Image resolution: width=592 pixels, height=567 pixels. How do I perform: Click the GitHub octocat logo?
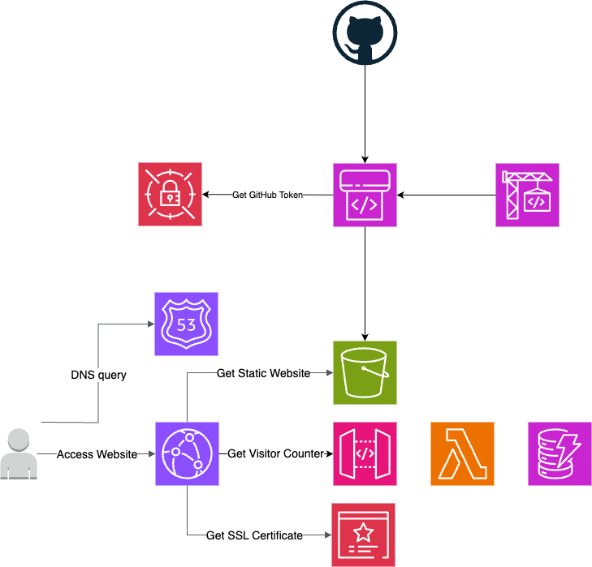click(x=365, y=33)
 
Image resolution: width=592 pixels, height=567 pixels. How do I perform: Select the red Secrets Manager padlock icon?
click(x=170, y=195)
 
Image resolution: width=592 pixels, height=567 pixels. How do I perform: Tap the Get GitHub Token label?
click(x=267, y=195)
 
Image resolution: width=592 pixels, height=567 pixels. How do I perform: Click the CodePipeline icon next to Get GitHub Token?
click(x=365, y=195)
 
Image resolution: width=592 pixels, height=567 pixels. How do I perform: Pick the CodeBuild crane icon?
click(x=527, y=195)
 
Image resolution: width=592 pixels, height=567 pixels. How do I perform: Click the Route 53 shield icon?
click(x=186, y=324)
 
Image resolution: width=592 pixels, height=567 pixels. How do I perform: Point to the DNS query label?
click(x=98, y=376)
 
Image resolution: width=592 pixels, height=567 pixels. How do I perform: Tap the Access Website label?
click(x=97, y=454)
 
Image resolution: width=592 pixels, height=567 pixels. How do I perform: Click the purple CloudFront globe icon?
click(x=187, y=454)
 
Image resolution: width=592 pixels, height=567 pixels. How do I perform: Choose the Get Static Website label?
click(x=263, y=373)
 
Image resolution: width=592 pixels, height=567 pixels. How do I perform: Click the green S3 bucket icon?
click(x=365, y=373)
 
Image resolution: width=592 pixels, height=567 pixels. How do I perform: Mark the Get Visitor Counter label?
click(x=275, y=454)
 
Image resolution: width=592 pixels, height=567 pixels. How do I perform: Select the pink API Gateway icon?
click(x=365, y=454)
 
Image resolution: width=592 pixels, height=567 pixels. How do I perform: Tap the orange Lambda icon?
click(x=462, y=454)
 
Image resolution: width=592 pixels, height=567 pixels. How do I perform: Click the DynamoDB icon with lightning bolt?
click(x=560, y=454)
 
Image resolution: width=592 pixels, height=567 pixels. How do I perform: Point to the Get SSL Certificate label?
click(x=254, y=535)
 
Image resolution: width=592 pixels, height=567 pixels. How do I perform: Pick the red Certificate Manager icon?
click(x=364, y=535)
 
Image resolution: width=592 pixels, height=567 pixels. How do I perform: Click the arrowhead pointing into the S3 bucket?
click(x=329, y=373)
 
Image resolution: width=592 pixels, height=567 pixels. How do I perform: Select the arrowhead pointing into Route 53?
click(x=150, y=324)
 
